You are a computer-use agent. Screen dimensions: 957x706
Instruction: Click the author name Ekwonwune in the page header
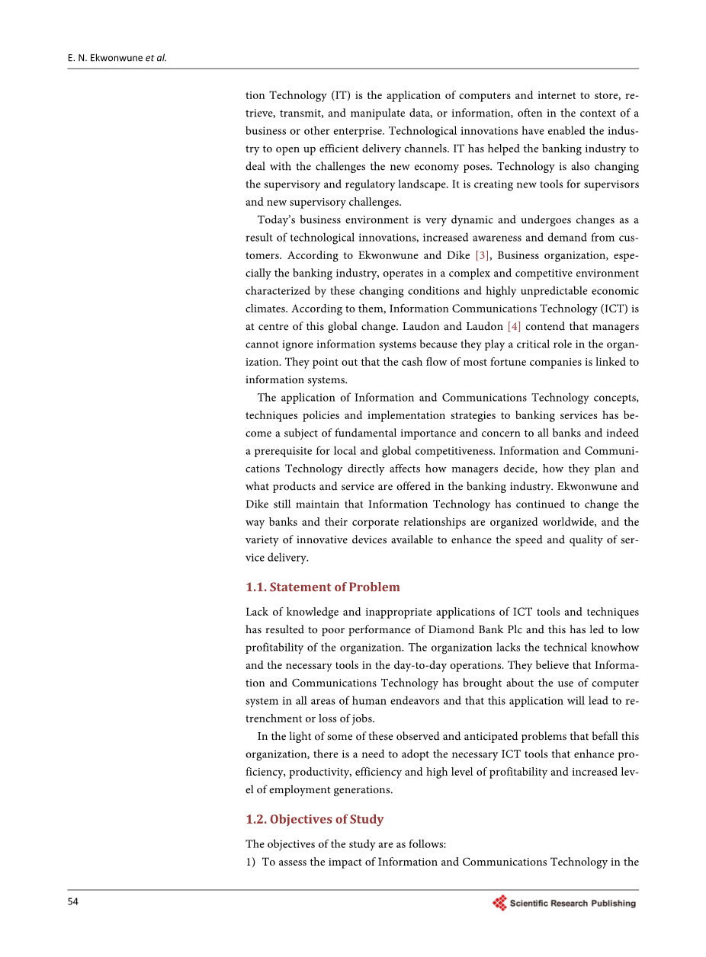[x=114, y=58]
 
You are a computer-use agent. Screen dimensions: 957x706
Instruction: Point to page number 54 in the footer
[x=73, y=902]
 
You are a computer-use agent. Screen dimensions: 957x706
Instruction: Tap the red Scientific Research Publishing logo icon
[x=500, y=903]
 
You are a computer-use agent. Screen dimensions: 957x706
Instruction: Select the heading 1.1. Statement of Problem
[x=323, y=587]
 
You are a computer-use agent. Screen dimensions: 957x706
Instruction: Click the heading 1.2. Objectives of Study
[x=314, y=819]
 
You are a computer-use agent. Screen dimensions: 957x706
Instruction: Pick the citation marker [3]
[x=482, y=255]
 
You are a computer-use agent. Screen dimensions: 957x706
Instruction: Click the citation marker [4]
[x=514, y=326]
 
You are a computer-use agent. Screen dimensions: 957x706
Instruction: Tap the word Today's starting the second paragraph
[x=278, y=219]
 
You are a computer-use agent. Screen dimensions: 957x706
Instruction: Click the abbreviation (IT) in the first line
[x=342, y=95]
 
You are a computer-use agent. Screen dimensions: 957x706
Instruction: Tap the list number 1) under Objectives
[x=251, y=862]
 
